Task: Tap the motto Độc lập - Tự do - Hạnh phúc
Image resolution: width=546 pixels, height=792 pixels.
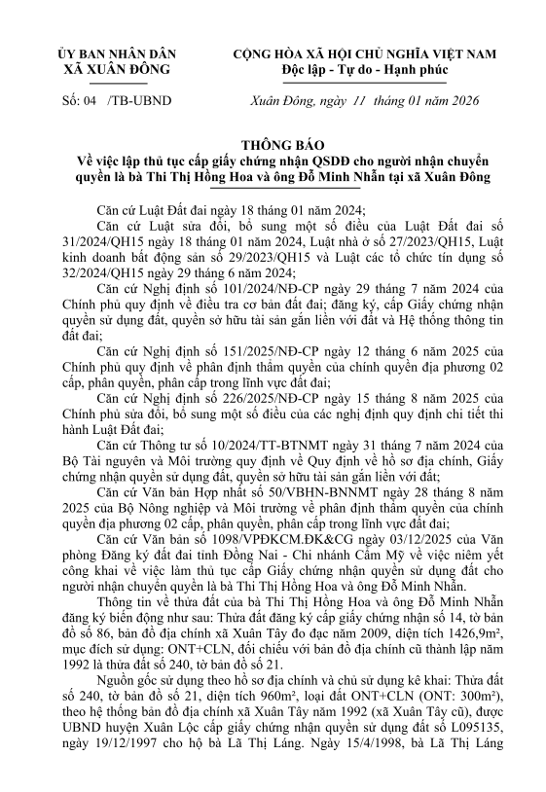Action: (x=361, y=71)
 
